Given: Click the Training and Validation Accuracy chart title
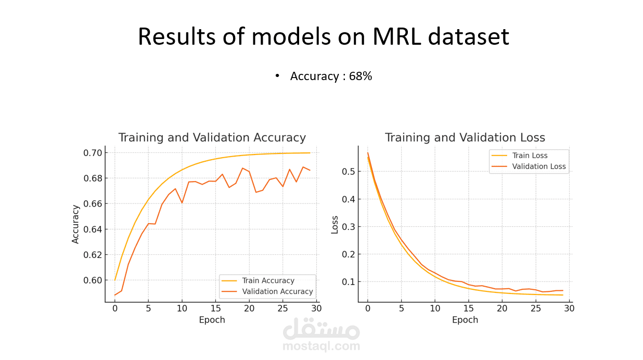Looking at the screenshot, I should pyautogui.click(x=212, y=138).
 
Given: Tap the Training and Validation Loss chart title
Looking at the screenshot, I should pyautogui.click(x=465, y=138).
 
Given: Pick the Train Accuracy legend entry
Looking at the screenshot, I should pyautogui.click(x=268, y=281).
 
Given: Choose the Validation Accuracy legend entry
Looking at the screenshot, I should pyautogui.click(x=277, y=292).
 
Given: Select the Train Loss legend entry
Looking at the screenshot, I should pyautogui.click(x=530, y=156).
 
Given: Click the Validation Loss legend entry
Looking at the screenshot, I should pyautogui.click(x=539, y=167).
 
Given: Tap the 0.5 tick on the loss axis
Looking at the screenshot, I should pyautogui.click(x=349, y=172).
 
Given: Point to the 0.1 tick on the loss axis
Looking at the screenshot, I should pyautogui.click(x=349, y=282).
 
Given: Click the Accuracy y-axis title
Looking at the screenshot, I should pyautogui.click(x=76, y=224).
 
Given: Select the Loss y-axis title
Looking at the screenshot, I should pyautogui.click(x=335, y=225).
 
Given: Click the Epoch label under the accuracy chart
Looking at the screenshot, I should pyautogui.click(x=212, y=320).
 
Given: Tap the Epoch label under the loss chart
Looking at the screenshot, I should pyautogui.click(x=465, y=320).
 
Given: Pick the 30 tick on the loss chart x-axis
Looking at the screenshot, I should pyautogui.click(x=569, y=308).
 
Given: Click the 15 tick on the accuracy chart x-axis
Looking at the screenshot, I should pyautogui.click(x=215, y=308).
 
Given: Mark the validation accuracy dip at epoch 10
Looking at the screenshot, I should pyautogui.click(x=182, y=203).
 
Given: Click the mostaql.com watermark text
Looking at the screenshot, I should pyautogui.click(x=321, y=346).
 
